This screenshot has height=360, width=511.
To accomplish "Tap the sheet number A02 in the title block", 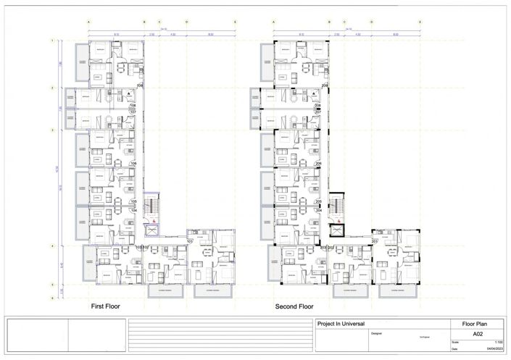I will (x=477, y=335).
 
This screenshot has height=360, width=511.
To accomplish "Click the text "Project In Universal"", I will (x=340, y=324).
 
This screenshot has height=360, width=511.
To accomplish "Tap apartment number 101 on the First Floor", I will (x=190, y=241).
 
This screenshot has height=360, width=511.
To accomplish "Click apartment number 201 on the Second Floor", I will (x=375, y=241).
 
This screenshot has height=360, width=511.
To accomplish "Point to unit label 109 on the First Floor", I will (x=139, y=85).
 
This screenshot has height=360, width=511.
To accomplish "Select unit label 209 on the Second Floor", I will (x=325, y=85).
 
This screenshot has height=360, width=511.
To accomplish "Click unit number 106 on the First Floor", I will (x=133, y=164).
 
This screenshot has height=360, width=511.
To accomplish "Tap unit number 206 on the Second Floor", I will (x=319, y=164).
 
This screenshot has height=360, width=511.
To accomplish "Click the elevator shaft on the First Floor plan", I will (x=151, y=231).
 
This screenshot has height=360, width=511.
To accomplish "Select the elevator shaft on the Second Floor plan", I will (x=336, y=231).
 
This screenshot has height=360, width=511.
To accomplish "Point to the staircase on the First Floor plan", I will (x=151, y=206).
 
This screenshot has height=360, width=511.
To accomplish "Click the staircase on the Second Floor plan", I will (x=336, y=206).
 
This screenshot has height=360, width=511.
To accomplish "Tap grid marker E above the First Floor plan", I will (x=235, y=22).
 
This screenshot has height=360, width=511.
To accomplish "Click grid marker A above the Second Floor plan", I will (x=274, y=22).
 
